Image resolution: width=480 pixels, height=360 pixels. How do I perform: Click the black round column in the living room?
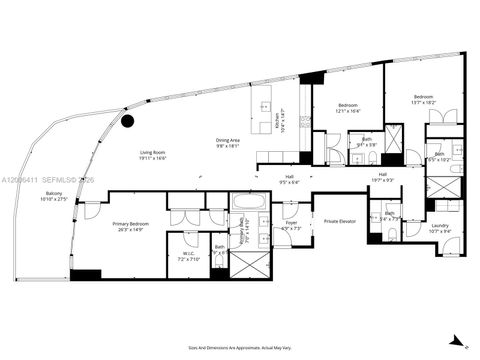[x=128, y=121]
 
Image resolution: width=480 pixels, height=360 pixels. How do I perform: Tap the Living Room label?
[x=152, y=155]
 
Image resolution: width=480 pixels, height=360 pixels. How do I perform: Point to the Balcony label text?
[x=51, y=197]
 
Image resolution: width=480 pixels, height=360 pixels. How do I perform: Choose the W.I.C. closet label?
[x=189, y=255]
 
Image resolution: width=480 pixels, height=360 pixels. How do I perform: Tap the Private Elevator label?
[x=333, y=221]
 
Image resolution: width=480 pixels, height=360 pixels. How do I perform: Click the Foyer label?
[x=291, y=225]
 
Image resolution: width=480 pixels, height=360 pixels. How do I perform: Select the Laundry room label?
[x=439, y=228]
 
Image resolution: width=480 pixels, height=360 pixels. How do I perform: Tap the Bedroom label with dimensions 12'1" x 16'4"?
[x=347, y=107]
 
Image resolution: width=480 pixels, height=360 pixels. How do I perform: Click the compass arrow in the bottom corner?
[x=458, y=341]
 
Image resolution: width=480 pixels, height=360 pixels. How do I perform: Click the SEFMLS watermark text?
[x=52, y=180]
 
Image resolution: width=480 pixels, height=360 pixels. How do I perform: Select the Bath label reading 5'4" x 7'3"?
[x=389, y=216]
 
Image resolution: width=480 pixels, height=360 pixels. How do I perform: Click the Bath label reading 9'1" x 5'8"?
[x=367, y=142]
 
